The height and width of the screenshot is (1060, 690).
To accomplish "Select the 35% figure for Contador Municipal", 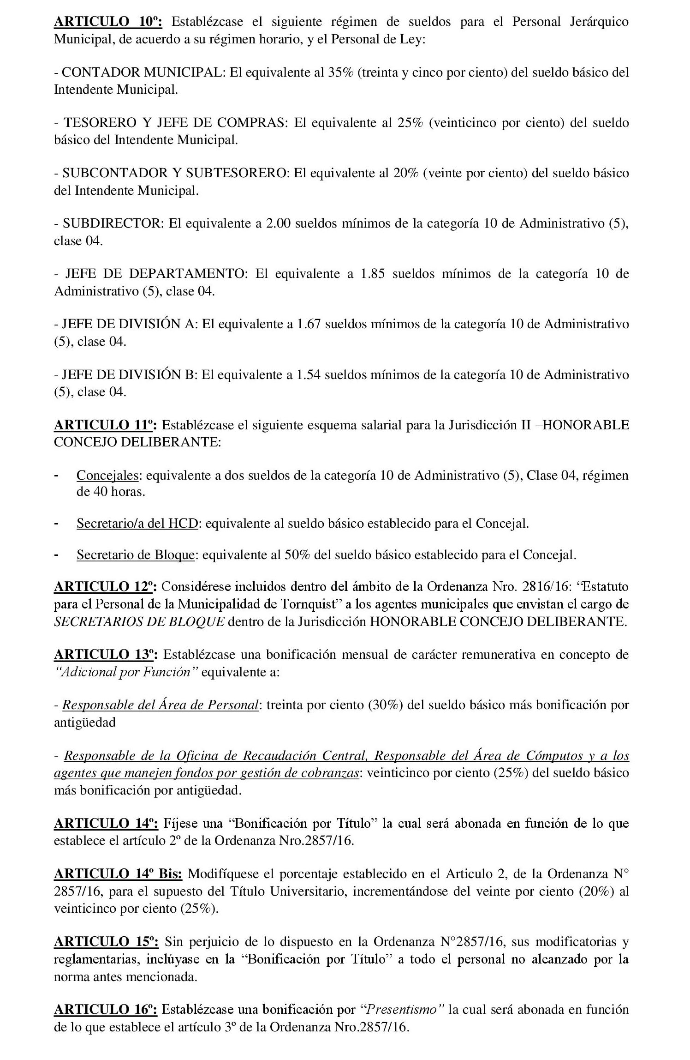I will tap(340, 72).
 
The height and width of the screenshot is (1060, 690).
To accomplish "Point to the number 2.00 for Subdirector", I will tap(278, 223).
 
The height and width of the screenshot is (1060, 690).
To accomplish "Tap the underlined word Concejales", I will tap(109, 475).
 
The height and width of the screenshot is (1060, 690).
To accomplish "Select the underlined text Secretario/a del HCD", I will tap(137, 524).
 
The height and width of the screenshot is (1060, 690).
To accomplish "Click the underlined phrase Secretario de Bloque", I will tap(135, 554).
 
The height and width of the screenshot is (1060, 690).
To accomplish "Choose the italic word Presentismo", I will tap(404, 1023).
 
